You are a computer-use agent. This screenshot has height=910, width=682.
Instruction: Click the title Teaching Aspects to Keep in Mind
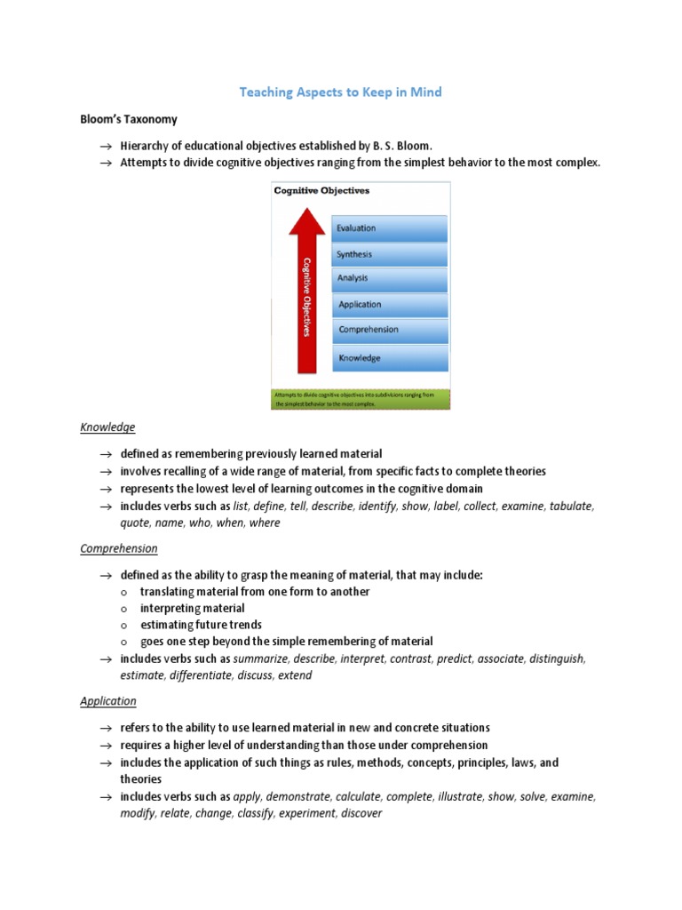pos(342,92)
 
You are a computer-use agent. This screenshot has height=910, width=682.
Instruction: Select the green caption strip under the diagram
pos(361,398)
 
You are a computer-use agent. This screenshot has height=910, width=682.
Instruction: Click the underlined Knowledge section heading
pos(107,427)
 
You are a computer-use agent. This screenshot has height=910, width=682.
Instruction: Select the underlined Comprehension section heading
pos(119,548)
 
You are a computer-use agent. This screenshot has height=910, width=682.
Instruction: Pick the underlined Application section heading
pos(108,701)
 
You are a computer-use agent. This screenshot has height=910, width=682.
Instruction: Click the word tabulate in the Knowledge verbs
pos(570,506)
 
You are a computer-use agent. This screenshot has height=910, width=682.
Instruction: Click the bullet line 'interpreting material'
pos(192,609)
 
